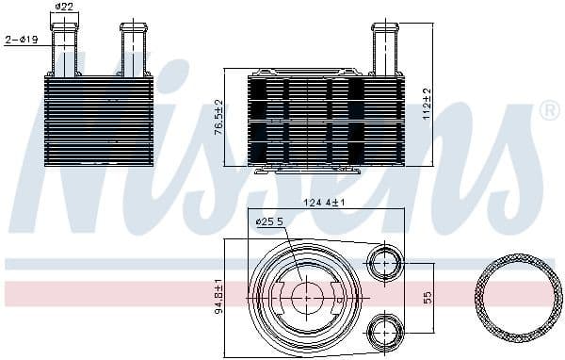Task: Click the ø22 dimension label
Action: click(64, 8)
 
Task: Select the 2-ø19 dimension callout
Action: click(21, 40)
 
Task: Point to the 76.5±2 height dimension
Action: click(218, 117)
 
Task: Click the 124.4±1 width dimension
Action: click(325, 203)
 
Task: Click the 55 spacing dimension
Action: click(427, 296)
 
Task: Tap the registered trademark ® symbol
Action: click(549, 111)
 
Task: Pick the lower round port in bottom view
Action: click(383, 330)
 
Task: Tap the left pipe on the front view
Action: click(64, 47)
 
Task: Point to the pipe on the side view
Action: click(386, 47)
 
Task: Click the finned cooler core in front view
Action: click(98, 121)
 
